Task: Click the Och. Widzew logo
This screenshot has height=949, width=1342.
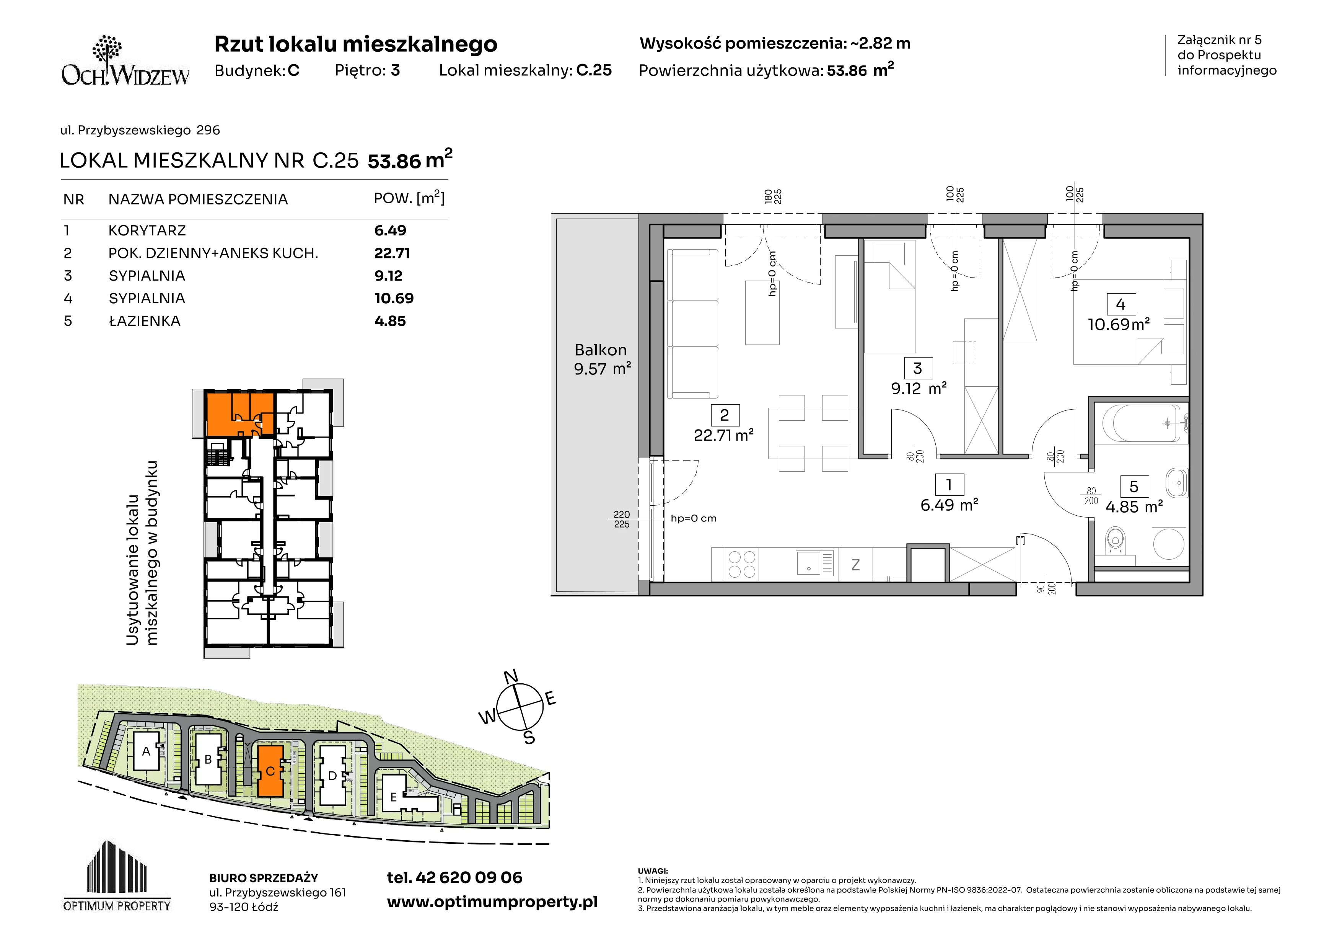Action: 125,61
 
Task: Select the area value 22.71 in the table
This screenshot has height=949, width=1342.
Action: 392,253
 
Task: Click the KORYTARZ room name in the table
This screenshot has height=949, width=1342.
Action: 147,230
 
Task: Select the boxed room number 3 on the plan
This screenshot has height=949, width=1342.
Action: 918,368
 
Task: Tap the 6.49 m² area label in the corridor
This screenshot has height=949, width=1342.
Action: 949,505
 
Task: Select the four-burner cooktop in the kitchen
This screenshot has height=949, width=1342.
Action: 742,564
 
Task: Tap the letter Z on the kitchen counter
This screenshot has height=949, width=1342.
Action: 856,565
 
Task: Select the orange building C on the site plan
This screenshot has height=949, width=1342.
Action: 270,771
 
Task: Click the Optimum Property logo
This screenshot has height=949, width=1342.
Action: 117,876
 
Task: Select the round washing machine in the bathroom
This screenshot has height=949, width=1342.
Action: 1169,543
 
